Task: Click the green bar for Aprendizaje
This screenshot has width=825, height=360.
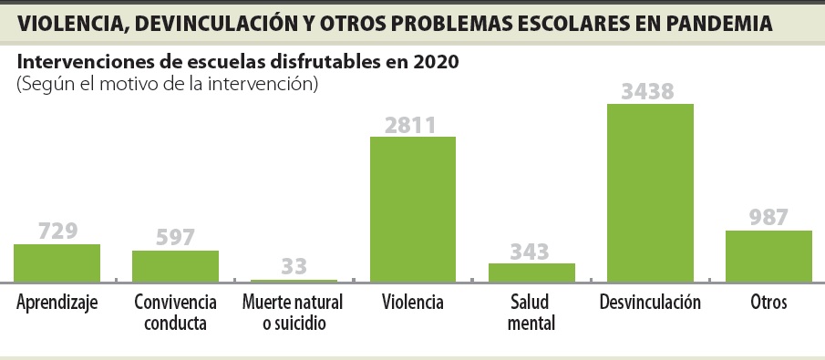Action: point(57,262)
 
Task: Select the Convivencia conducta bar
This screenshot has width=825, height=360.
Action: point(175,265)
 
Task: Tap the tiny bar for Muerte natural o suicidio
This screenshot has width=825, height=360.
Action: point(294,281)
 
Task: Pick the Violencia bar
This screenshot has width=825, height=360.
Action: point(412,209)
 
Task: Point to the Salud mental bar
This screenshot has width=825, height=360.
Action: point(531,273)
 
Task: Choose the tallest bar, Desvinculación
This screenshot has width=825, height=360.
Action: point(650,192)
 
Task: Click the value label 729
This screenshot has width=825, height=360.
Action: point(57,231)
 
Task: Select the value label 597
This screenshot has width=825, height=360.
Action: point(176,237)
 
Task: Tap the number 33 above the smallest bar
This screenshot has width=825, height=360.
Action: point(294,267)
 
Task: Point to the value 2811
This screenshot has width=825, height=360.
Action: point(412,124)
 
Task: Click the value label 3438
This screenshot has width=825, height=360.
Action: point(650,91)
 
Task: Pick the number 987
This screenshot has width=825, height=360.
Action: point(768,217)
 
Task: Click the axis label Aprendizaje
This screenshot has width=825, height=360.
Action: point(57,303)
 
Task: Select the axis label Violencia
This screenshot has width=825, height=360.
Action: point(412,302)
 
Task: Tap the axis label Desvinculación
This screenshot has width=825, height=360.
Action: point(650,302)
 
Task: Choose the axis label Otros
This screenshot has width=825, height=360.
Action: point(768,302)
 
